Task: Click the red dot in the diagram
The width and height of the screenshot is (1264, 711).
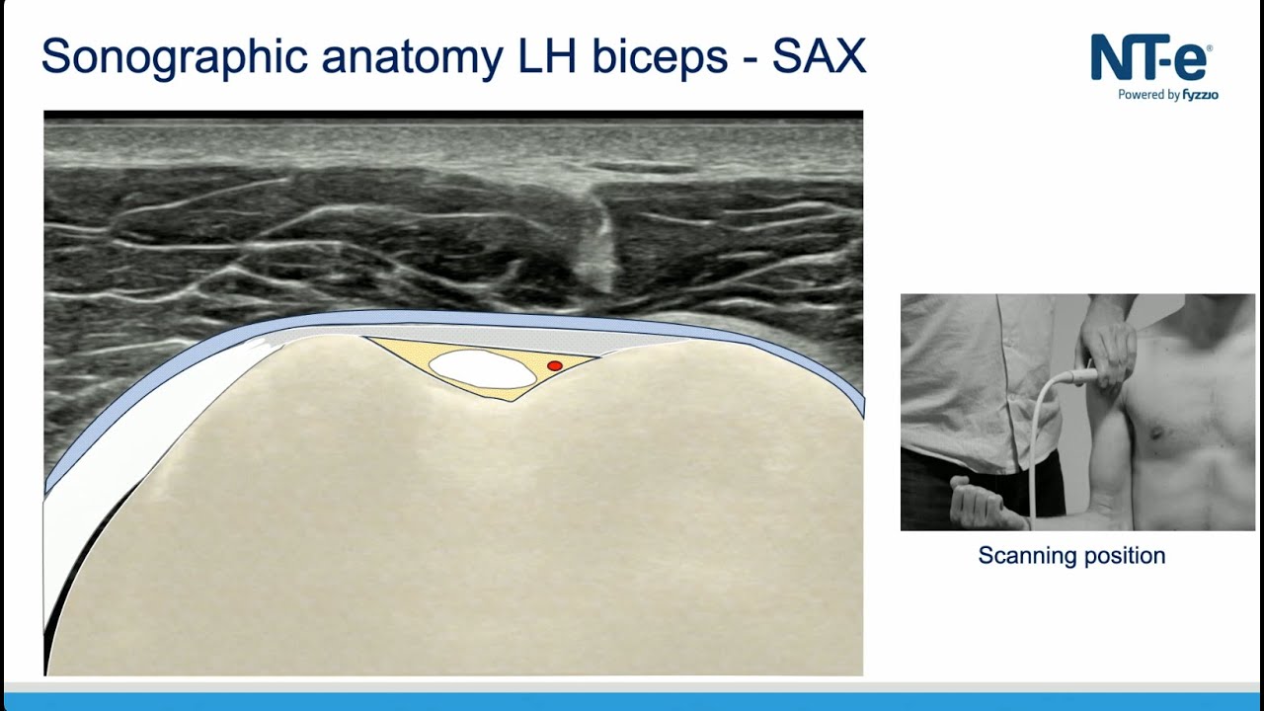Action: [x=555, y=365]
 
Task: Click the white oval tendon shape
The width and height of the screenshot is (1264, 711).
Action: [x=483, y=368]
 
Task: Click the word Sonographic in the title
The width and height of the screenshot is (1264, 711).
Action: [x=174, y=57]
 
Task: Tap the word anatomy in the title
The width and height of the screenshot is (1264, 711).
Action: [x=413, y=57]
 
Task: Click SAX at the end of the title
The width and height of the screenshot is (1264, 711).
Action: [x=819, y=57]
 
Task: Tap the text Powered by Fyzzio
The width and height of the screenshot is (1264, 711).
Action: [x=1167, y=95]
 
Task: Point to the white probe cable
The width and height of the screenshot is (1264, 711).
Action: [x=1036, y=444]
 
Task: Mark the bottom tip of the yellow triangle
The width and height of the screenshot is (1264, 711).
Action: [x=510, y=400]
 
